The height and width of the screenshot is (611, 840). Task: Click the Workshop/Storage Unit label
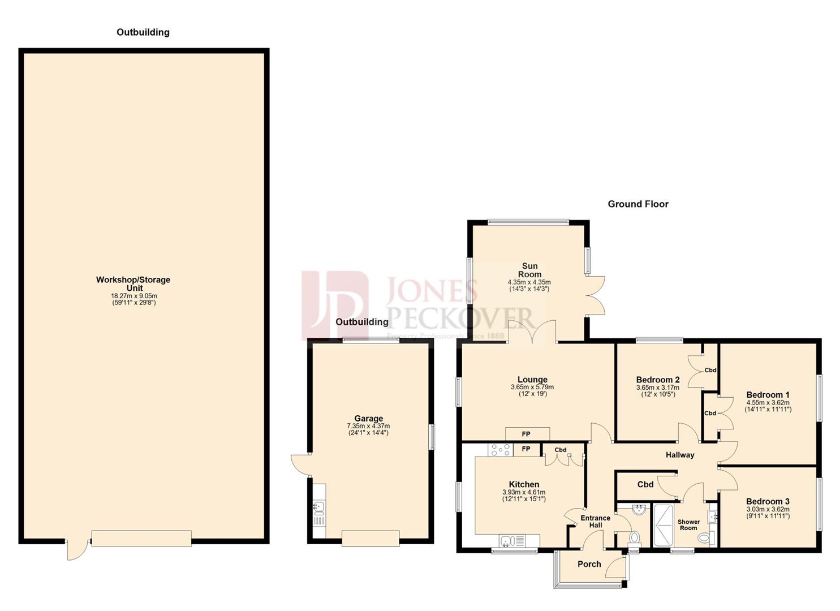pyautogui.click(x=133, y=283)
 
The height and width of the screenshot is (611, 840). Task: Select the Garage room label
pyautogui.click(x=368, y=419)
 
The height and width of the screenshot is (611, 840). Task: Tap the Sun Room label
pyautogui.click(x=529, y=270)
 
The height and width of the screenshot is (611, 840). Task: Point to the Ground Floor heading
pyautogui.click(x=637, y=204)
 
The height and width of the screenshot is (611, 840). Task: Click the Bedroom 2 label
pyautogui.click(x=657, y=380)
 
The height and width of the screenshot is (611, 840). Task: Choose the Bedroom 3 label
pyautogui.click(x=767, y=501)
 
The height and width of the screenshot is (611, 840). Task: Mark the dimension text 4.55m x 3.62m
pyautogui.click(x=768, y=403)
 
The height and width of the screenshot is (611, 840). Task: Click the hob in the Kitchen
pyautogui.click(x=500, y=450)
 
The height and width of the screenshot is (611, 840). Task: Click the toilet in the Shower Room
pyautogui.click(x=704, y=537)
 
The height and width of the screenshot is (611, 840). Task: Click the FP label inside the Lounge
pyautogui.click(x=526, y=434)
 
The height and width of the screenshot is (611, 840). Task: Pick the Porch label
pyautogui.click(x=589, y=564)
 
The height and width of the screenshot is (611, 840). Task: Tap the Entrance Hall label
pyautogui.click(x=595, y=521)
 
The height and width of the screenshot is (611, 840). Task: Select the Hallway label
pyautogui.click(x=679, y=455)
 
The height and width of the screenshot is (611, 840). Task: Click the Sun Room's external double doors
pyautogui.click(x=596, y=295)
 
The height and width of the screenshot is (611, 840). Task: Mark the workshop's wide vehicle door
pyautogui.click(x=141, y=538)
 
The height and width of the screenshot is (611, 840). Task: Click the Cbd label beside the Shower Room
pyautogui.click(x=645, y=484)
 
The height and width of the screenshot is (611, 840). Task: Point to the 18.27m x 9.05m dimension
pyautogui.click(x=134, y=296)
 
